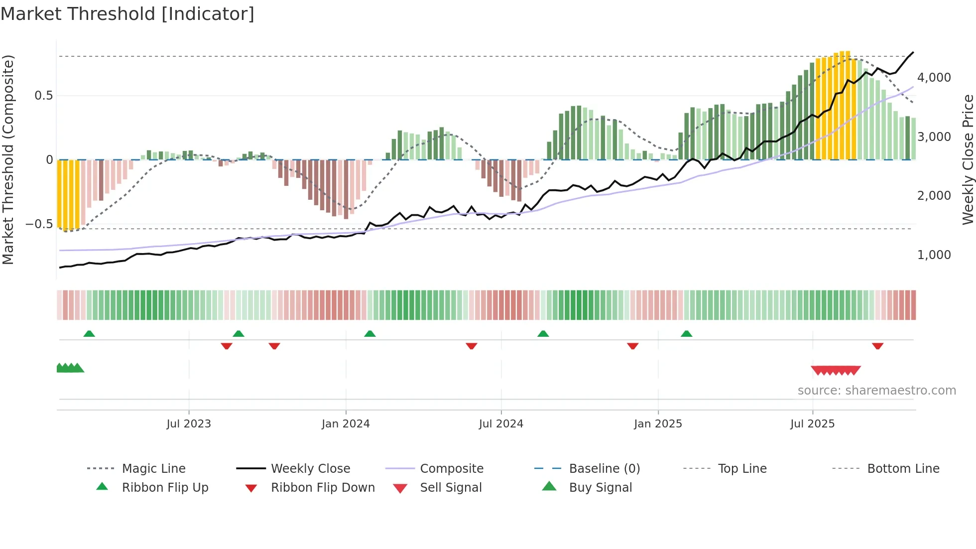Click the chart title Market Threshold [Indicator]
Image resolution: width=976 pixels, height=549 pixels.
pyautogui.click(x=127, y=14)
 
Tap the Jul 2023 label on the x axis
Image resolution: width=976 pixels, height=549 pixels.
pyautogui.click(x=189, y=424)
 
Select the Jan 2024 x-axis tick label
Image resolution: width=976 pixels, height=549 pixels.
pyautogui.click(x=346, y=424)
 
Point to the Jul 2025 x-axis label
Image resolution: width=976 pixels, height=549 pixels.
pyautogui.click(x=812, y=424)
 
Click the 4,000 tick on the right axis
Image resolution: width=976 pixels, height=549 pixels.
pyautogui.click(x=934, y=78)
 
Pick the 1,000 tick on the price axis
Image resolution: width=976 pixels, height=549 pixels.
pyautogui.click(x=934, y=255)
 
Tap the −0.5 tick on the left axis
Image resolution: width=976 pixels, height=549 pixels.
pyautogui.click(x=39, y=224)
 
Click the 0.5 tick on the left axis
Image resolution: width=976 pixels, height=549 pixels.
pyautogui.click(x=43, y=96)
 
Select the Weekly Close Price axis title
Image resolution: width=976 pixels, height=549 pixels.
pyautogui.click(x=968, y=159)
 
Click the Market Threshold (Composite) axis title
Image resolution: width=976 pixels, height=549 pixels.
pyautogui.click(x=8, y=159)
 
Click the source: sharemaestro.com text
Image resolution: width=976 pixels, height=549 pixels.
pyautogui.click(x=876, y=391)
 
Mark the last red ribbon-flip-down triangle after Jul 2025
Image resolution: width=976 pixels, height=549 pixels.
pyautogui.click(x=877, y=346)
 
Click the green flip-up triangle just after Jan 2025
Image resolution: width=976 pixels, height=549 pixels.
pyautogui.click(x=686, y=334)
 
